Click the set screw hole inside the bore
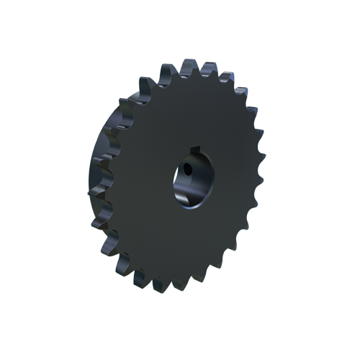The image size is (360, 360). point(186,171)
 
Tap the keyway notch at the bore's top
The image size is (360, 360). point(193,150)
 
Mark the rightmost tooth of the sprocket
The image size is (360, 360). point(261,175)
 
